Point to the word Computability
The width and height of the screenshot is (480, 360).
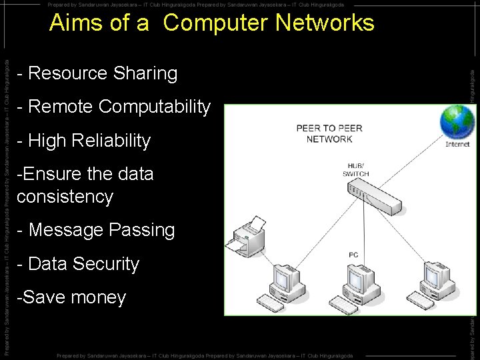point(154,107)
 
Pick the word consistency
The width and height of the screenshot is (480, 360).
point(65,197)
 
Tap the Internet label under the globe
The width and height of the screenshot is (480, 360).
point(457,144)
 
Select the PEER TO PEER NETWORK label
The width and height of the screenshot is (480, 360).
point(329,134)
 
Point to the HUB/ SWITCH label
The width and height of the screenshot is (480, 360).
point(356,170)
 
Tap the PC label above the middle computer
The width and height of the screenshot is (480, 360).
point(353,255)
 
